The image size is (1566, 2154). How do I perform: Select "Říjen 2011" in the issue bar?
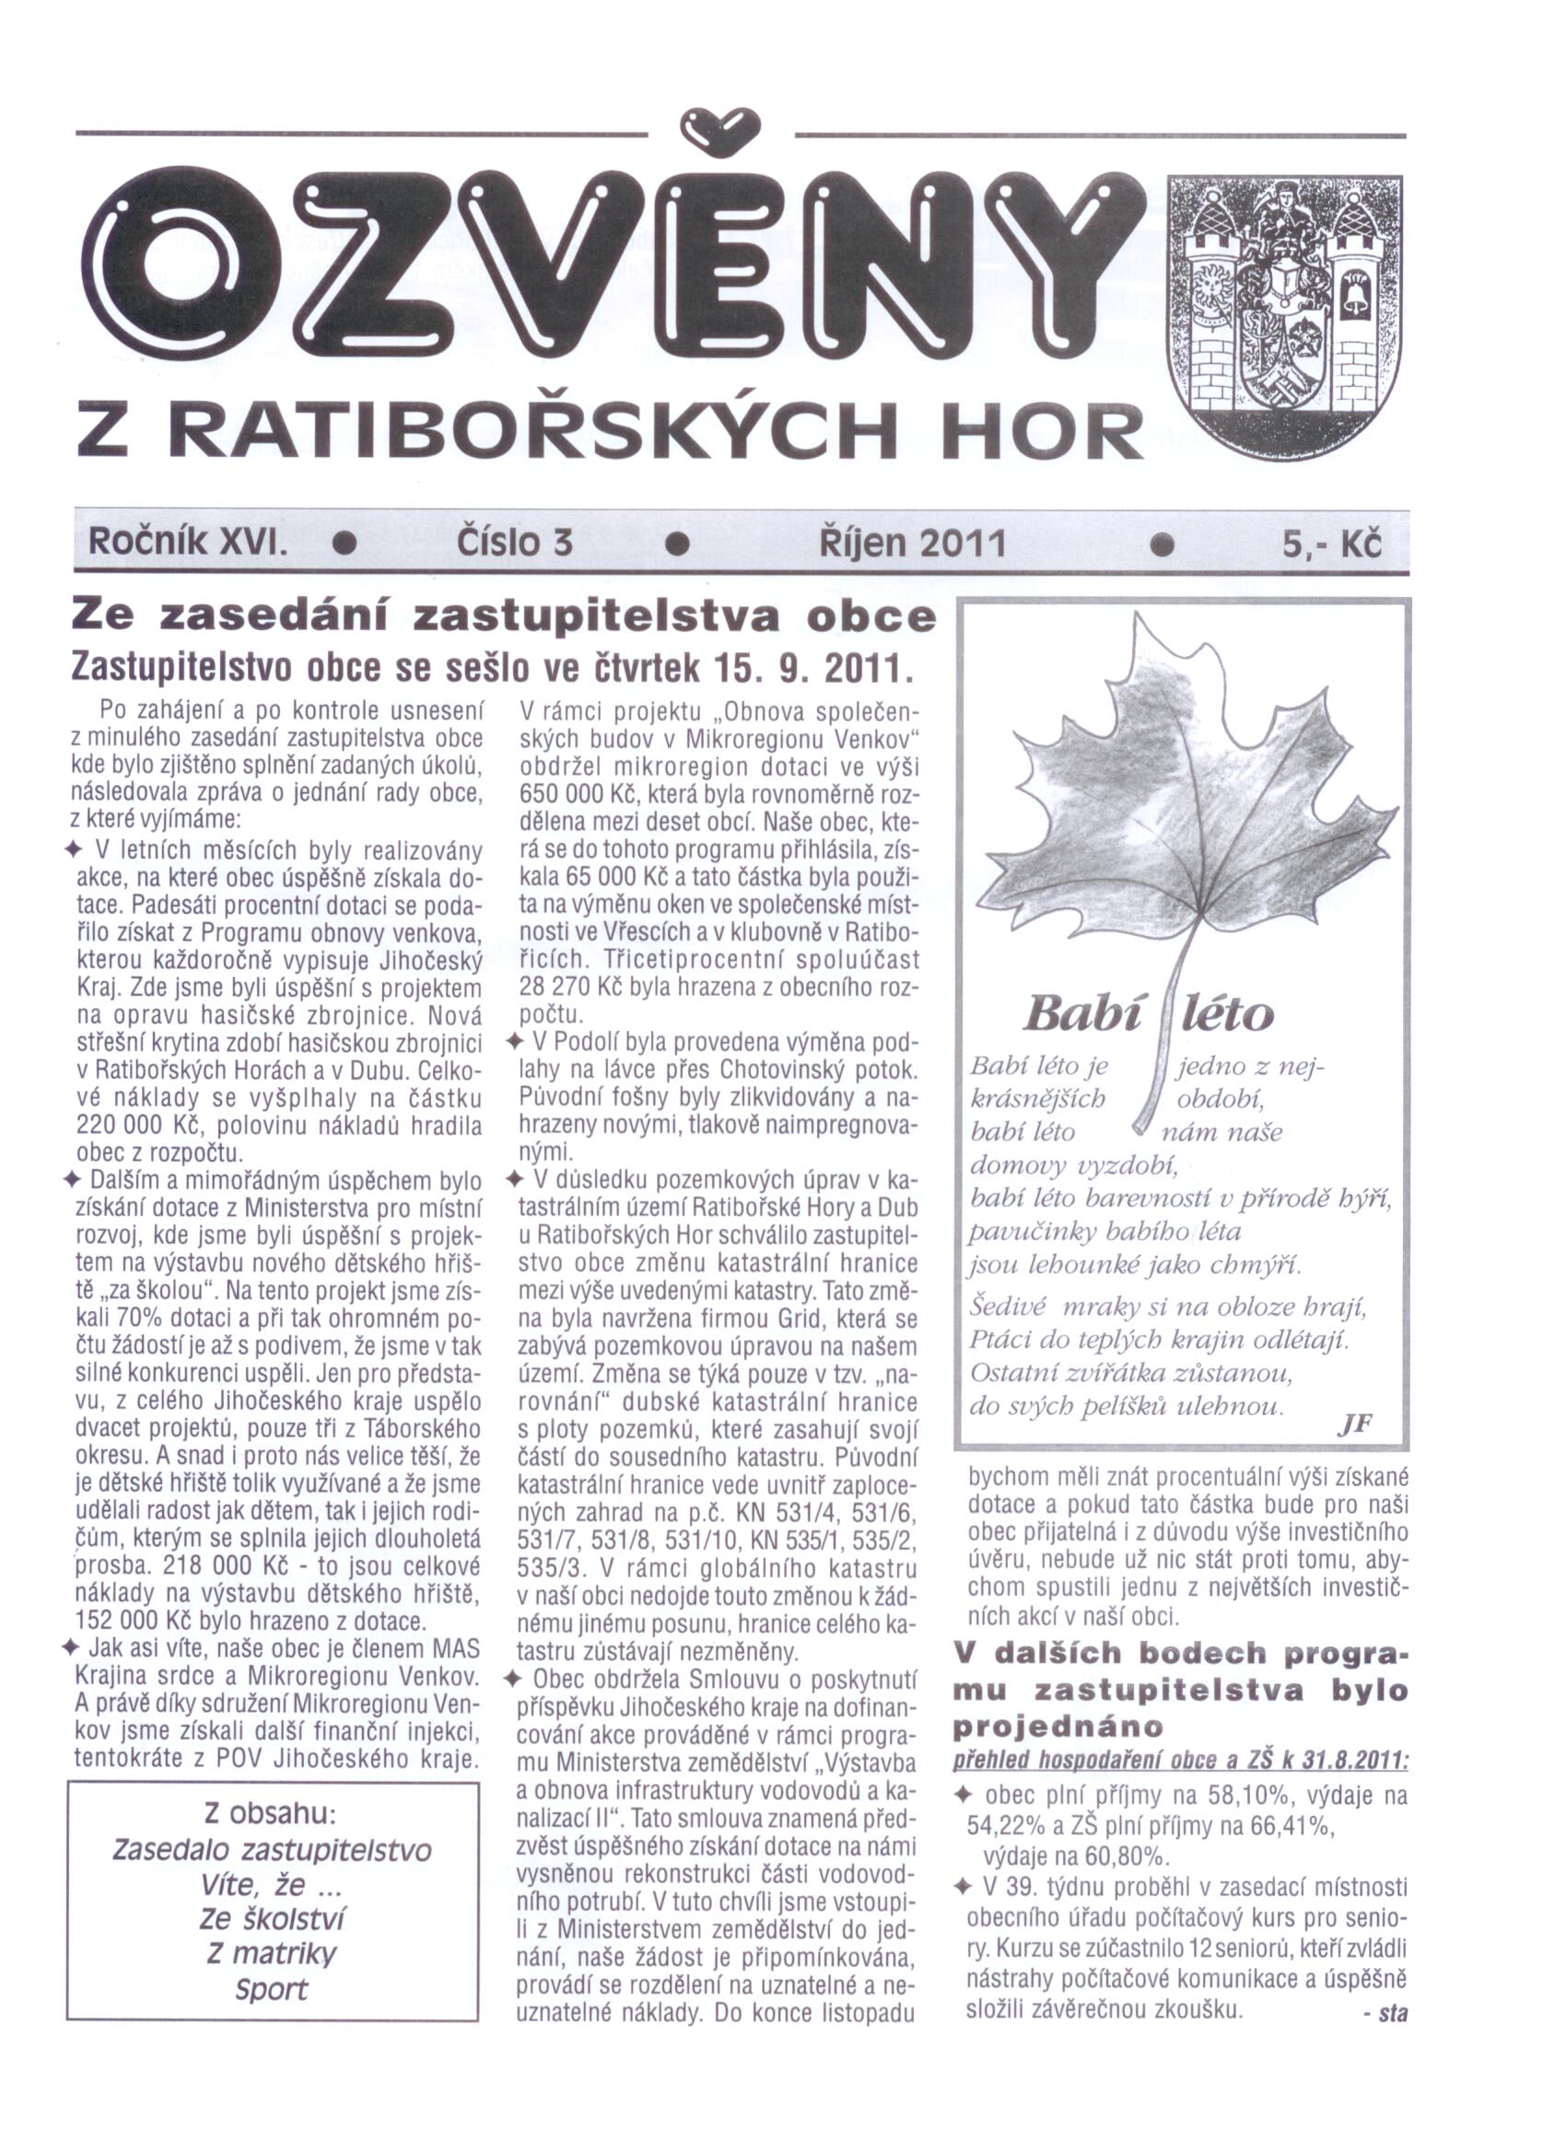click(911, 544)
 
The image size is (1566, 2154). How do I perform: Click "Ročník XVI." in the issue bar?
click(187, 544)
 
